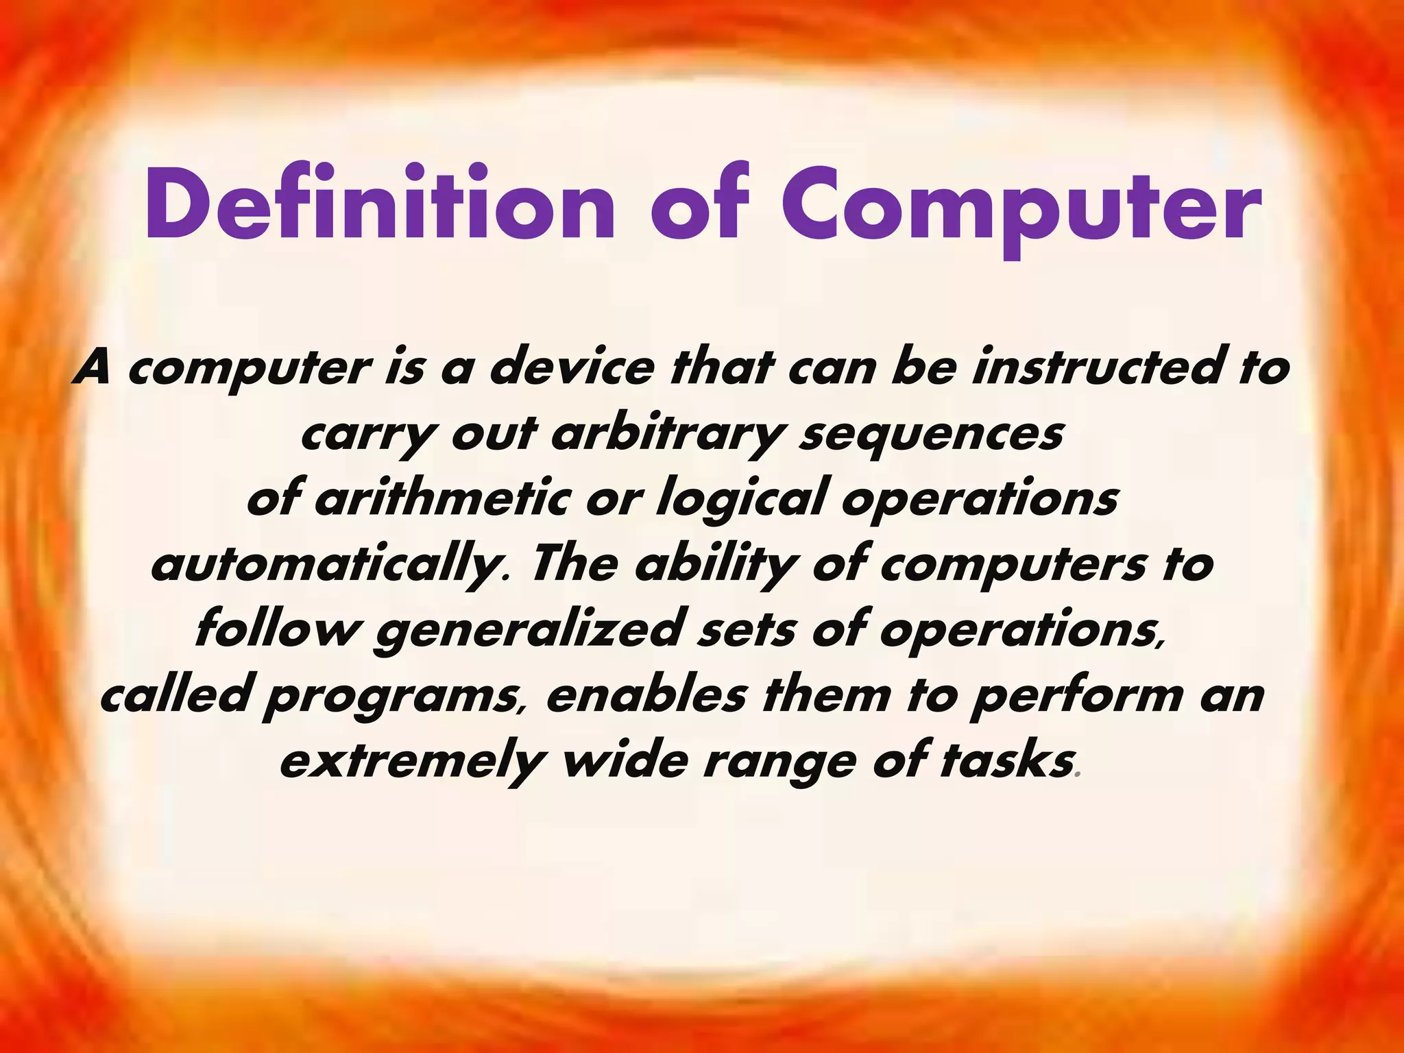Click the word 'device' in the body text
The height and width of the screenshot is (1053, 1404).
tap(570, 369)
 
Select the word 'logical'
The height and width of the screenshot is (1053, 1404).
tap(741, 501)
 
